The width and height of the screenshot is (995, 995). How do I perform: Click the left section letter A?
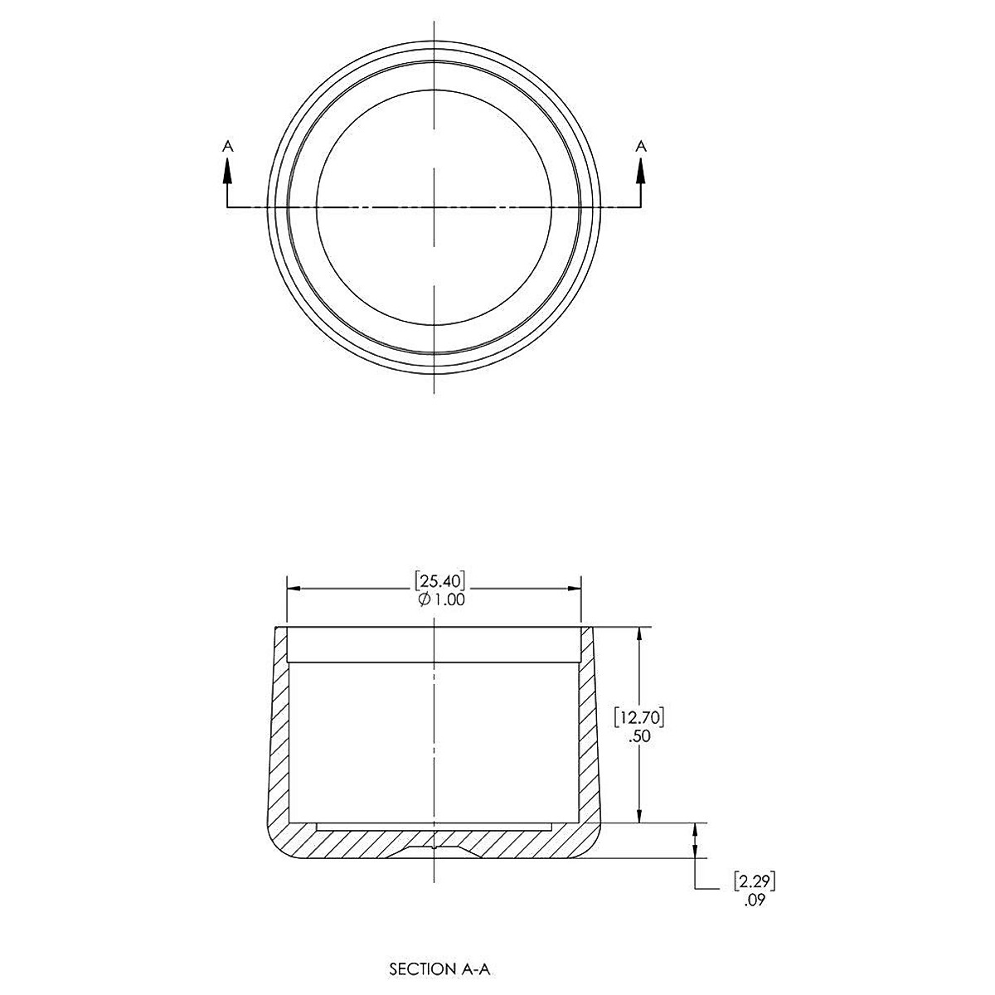228,146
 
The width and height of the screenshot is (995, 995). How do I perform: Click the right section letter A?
640,146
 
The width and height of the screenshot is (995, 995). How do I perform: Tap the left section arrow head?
228,167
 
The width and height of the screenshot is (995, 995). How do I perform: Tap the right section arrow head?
640,167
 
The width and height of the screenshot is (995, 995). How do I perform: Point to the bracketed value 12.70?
638,715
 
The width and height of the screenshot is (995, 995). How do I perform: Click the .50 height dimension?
638,737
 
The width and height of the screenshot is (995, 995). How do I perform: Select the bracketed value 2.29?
755,880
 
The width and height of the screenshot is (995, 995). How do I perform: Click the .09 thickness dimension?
755,900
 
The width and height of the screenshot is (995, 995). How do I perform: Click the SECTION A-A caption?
433,968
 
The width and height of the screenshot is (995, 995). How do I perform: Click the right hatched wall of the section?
589,730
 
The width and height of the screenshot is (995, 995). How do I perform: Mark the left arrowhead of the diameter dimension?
293,589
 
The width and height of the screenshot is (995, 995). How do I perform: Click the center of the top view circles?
433,206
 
